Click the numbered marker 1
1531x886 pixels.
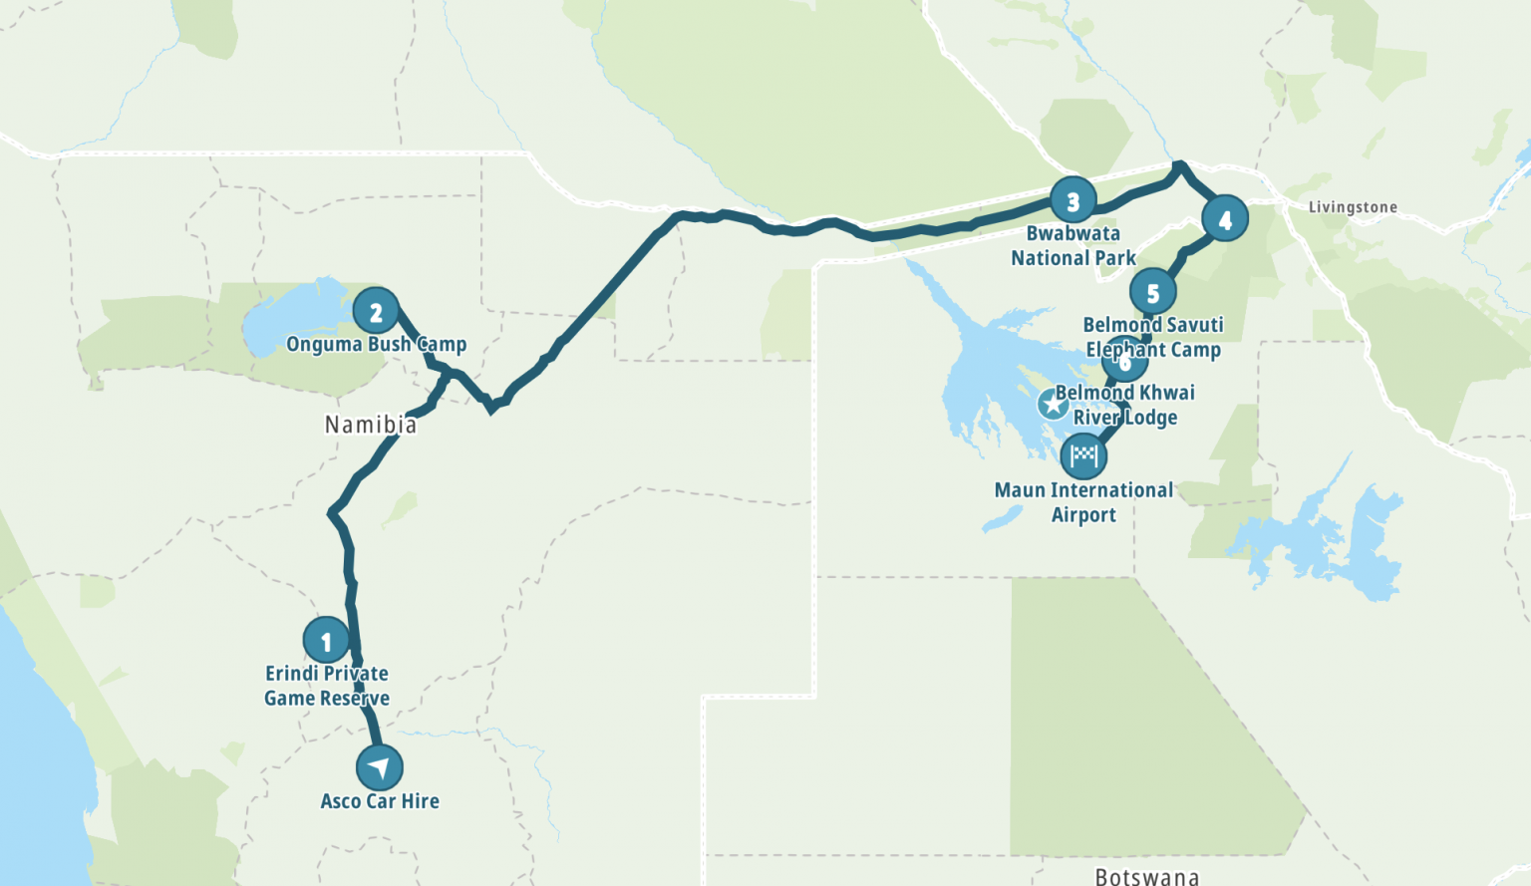click(326, 641)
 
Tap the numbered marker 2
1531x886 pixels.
click(376, 312)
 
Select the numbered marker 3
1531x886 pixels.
click(1072, 202)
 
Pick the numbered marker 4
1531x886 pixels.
click(1225, 219)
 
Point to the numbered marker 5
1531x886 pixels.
click(1152, 293)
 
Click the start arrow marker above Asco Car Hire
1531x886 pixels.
click(379, 767)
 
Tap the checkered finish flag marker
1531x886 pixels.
click(1083, 456)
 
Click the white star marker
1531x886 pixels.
click(1053, 404)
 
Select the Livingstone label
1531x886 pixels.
click(1353, 207)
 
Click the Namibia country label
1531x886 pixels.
click(371, 425)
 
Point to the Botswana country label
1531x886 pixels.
click(1146, 876)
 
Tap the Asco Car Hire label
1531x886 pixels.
click(380, 801)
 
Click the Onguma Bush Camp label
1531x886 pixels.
click(376, 345)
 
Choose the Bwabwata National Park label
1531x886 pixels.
click(1073, 246)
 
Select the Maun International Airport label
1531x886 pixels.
click(1083, 502)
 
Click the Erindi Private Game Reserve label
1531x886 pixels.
click(327, 686)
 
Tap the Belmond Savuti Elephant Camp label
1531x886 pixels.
click(1153, 337)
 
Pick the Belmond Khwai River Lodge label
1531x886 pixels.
click(1125, 405)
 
